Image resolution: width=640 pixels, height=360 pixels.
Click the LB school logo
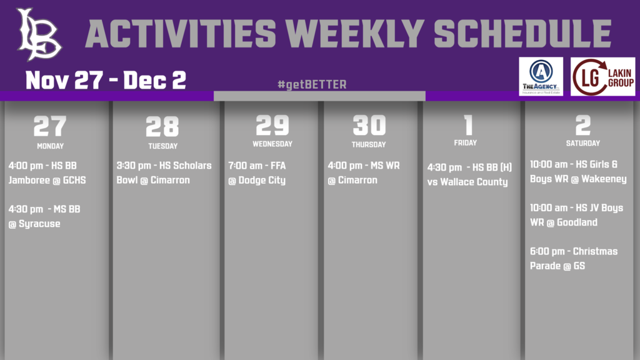click(x=39, y=34)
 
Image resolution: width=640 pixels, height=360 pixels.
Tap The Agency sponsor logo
click(x=541, y=76)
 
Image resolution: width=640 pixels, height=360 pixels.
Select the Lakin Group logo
click(x=603, y=76)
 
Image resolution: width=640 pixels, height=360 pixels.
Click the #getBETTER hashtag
click(x=312, y=84)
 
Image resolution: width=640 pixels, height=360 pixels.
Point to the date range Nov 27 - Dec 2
click(x=106, y=79)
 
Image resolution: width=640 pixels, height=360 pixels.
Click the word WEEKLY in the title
click(x=355, y=34)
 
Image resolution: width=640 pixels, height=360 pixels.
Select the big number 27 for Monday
click(x=50, y=126)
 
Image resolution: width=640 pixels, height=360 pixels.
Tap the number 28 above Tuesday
click(x=162, y=126)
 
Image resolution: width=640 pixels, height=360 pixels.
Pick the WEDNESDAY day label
click(x=272, y=144)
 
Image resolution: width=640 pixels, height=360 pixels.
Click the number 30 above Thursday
click(x=369, y=124)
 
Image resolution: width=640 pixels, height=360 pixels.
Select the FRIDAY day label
click(x=465, y=143)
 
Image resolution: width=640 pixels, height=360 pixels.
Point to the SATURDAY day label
click(x=583, y=143)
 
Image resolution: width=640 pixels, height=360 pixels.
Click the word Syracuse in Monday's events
click(x=39, y=224)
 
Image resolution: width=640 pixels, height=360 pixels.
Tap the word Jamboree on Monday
click(x=29, y=181)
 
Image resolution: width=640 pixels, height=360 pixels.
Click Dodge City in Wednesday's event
click(x=262, y=181)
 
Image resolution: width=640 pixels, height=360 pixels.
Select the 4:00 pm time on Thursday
click(x=345, y=166)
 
